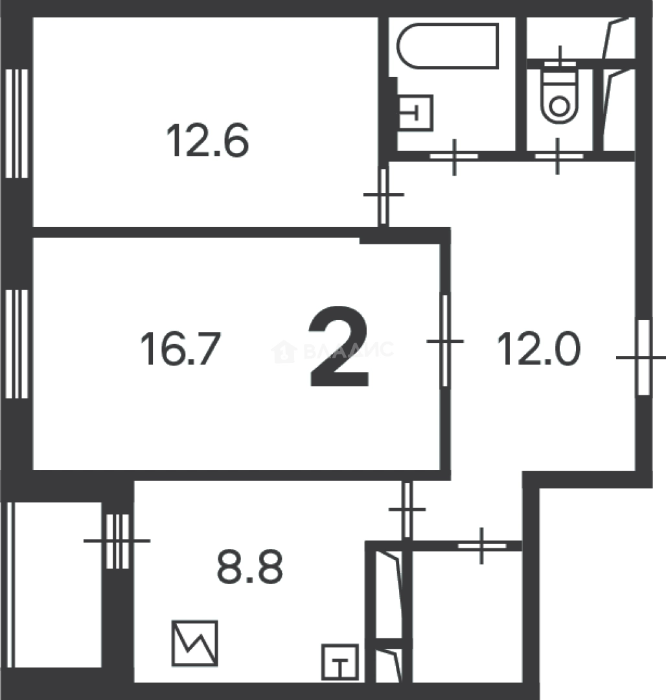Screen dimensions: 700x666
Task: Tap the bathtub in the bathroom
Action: pyautogui.click(x=448, y=45)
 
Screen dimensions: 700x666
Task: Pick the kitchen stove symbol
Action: pyautogui.click(x=195, y=643)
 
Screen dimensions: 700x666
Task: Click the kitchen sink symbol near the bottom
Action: pyautogui.click(x=340, y=660)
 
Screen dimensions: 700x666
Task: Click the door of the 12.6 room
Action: pyautogui.click(x=384, y=195)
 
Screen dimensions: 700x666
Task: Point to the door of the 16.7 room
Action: pyautogui.click(x=445, y=341)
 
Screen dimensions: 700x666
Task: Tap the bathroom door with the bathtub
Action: pyautogui.click(x=454, y=156)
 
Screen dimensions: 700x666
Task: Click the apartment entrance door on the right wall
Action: pyautogui.click(x=643, y=357)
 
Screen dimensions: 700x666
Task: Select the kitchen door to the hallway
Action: pyautogui.click(x=407, y=509)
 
